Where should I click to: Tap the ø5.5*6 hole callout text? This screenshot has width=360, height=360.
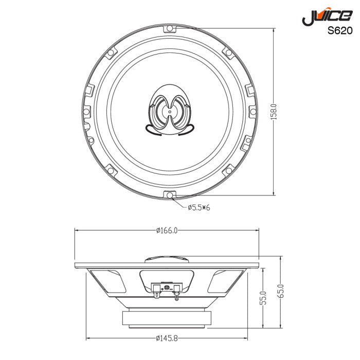tap(198, 207)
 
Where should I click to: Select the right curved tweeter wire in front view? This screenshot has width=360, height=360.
tap(186, 130)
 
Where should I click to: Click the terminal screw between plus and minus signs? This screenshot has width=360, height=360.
tap(166, 289)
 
